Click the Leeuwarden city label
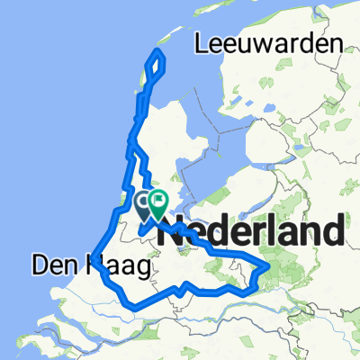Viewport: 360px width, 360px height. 269,44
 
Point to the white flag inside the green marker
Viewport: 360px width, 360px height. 159,200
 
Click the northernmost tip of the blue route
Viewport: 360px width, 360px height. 158,51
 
